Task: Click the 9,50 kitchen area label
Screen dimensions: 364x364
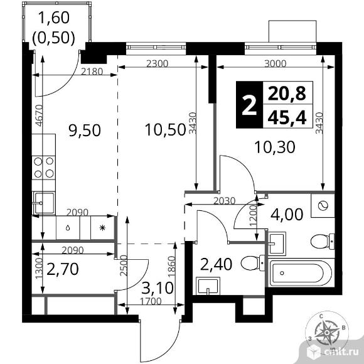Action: [x=85, y=131]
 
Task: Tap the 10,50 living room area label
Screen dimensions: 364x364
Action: [x=166, y=130]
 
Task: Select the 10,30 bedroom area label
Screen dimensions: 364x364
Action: [x=275, y=147]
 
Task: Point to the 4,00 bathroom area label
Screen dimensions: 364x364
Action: [x=287, y=214]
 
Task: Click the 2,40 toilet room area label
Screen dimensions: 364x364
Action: [x=216, y=264]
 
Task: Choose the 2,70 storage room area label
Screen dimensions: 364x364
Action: [x=63, y=269]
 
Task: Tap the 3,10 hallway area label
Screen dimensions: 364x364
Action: [x=158, y=288]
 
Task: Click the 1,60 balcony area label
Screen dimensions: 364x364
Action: [x=54, y=18]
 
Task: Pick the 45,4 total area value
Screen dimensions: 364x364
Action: [x=287, y=117]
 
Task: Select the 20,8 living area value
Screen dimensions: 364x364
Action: [x=287, y=93]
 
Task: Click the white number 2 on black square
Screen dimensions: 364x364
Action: [x=249, y=105]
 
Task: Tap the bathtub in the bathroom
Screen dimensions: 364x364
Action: [x=301, y=273]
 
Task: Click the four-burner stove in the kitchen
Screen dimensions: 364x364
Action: [x=44, y=168]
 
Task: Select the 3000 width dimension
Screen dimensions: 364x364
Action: [x=276, y=63]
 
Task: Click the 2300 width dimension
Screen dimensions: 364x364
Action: [x=157, y=63]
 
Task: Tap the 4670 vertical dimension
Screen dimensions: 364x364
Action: [x=40, y=115]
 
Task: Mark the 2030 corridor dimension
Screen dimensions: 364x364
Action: [x=225, y=201]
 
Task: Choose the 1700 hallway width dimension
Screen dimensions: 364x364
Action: [x=151, y=301]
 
